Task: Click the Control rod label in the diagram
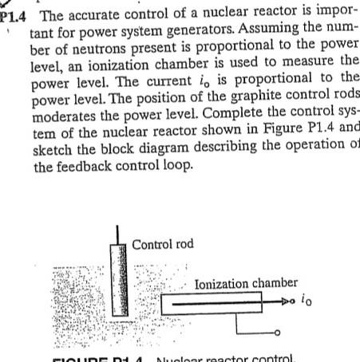[x=164, y=244]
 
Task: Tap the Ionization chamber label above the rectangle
[x=246, y=282]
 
